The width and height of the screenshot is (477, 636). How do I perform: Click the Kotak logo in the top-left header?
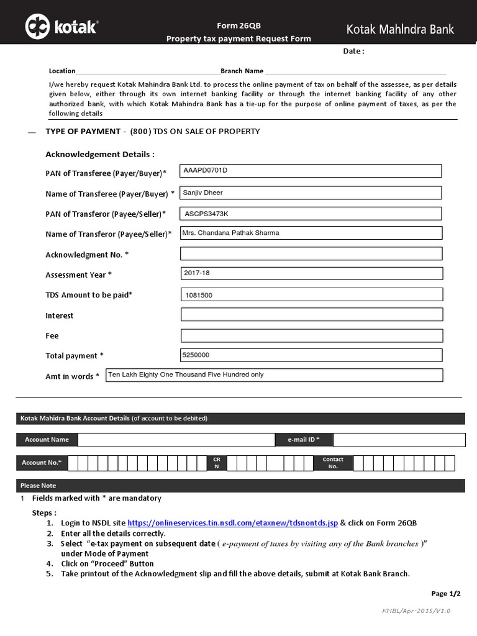point(61,27)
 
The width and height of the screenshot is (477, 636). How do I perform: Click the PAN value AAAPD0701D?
point(206,170)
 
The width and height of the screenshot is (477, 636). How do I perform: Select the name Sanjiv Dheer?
point(203,193)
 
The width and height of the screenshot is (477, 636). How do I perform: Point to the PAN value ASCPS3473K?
point(207,214)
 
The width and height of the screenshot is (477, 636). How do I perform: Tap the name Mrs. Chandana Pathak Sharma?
point(231,233)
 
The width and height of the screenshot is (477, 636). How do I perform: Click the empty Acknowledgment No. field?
point(311,253)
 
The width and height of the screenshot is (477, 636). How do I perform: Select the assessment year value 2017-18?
point(198,273)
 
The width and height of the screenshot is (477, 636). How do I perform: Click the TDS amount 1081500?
point(199,295)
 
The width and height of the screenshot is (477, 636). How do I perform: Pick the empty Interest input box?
point(311,315)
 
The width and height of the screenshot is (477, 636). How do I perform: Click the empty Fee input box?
point(311,335)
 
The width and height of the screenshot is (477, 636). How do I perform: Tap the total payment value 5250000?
point(196,355)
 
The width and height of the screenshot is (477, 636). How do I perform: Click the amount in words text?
point(186,375)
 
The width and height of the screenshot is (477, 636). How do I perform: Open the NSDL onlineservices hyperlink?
point(232,523)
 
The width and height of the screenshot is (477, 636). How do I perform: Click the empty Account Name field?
point(176,440)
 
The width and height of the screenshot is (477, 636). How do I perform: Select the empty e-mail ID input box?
point(399,440)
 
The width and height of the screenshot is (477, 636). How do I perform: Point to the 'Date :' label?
point(353,52)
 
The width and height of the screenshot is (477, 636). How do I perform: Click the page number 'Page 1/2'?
point(446,593)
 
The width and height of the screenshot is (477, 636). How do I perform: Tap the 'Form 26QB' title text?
point(238,26)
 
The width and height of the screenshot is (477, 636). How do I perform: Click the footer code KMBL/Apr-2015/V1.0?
point(416,611)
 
